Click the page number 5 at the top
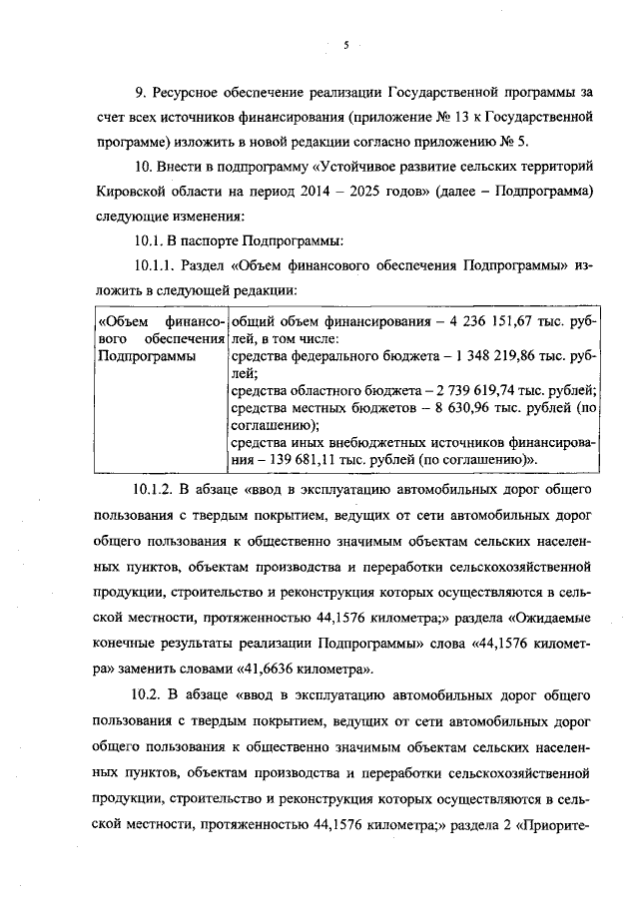pos(345,45)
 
